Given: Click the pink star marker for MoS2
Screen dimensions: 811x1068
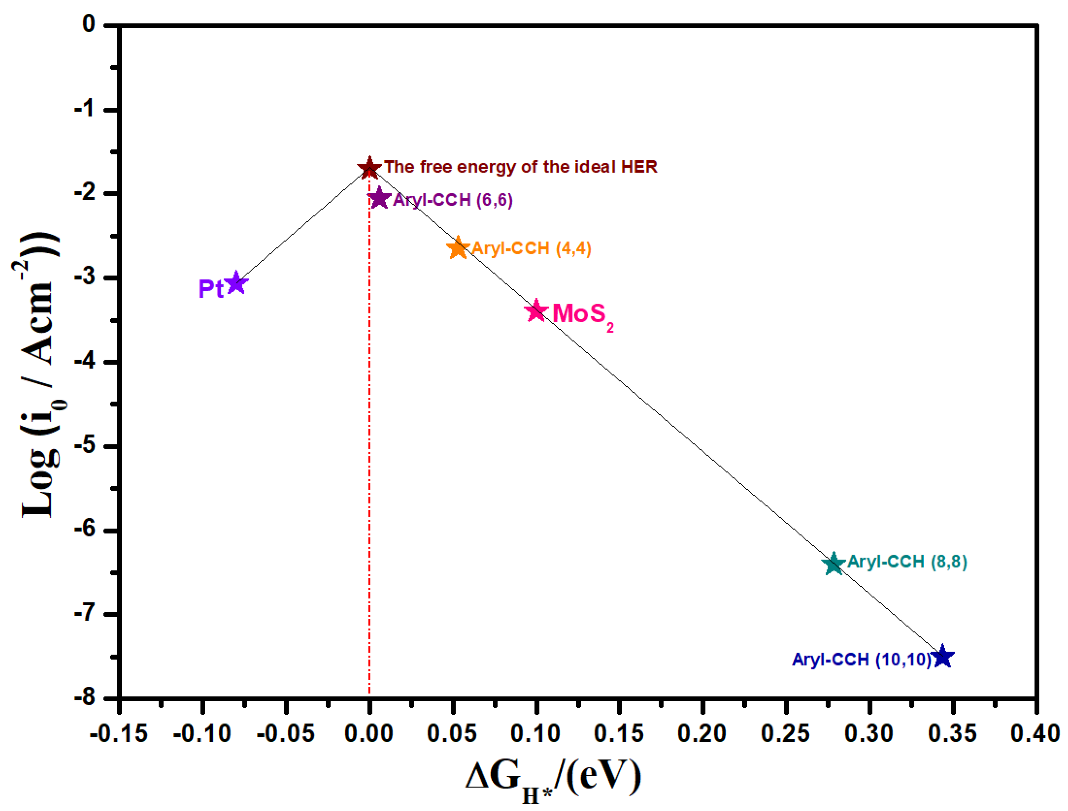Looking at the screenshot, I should point(536,311).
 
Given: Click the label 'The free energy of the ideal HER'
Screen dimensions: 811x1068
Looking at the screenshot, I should point(520,167).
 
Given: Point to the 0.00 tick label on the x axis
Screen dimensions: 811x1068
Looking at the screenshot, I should point(369,734).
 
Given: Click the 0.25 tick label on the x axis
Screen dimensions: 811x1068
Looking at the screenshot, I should point(786,734).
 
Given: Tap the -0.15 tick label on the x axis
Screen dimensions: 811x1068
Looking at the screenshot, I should point(119,734).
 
